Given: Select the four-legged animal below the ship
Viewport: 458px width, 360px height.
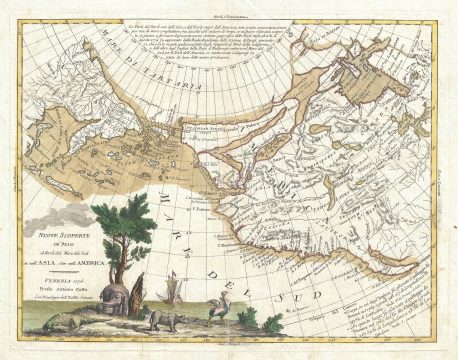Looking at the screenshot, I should [x=162, y=321].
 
